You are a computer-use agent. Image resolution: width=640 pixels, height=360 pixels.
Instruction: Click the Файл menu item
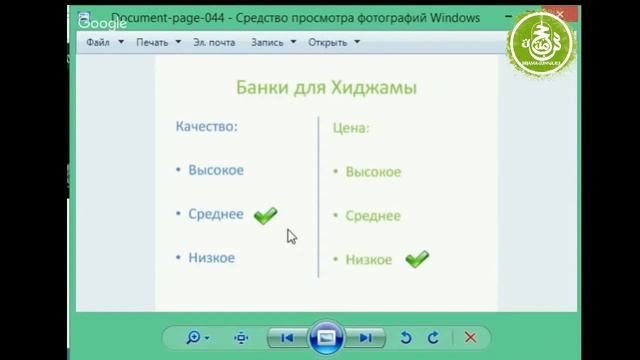pyautogui.click(x=98, y=43)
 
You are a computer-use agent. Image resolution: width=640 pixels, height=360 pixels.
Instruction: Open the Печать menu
pyautogui.click(x=153, y=43)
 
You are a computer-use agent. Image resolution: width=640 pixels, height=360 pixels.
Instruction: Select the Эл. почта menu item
pyautogui.click(x=214, y=43)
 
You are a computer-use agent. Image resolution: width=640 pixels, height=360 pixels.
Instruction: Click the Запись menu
pyautogui.click(x=267, y=43)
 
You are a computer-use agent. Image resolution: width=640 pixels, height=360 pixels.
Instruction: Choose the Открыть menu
pyautogui.click(x=327, y=43)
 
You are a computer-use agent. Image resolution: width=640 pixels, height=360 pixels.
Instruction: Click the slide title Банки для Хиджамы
pyautogui.click(x=326, y=88)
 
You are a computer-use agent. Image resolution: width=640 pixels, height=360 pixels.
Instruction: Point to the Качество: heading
pyautogui.click(x=207, y=127)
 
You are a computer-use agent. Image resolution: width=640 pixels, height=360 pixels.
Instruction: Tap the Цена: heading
pyautogui.click(x=350, y=128)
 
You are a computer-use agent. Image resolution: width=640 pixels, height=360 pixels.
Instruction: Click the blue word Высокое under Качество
pyautogui.click(x=216, y=170)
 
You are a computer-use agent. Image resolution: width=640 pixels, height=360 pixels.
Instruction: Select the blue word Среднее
pyautogui.click(x=216, y=214)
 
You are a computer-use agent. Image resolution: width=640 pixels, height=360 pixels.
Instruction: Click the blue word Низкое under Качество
pyautogui.click(x=211, y=257)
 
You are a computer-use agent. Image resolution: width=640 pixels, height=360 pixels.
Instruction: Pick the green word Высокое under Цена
pyautogui.click(x=373, y=172)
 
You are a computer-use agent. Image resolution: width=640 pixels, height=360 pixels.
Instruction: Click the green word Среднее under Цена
pyautogui.click(x=373, y=216)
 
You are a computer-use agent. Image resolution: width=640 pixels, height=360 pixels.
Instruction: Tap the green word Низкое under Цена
pyautogui.click(x=369, y=260)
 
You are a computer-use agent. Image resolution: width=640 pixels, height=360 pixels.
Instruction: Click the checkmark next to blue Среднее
pyautogui.click(x=265, y=215)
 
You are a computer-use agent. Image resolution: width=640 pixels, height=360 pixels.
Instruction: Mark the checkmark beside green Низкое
pyautogui.click(x=417, y=259)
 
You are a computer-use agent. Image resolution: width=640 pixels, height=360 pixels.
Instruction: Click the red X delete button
pyautogui.click(x=470, y=338)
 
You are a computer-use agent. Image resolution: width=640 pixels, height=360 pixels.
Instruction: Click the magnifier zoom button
pyautogui.click(x=194, y=338)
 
